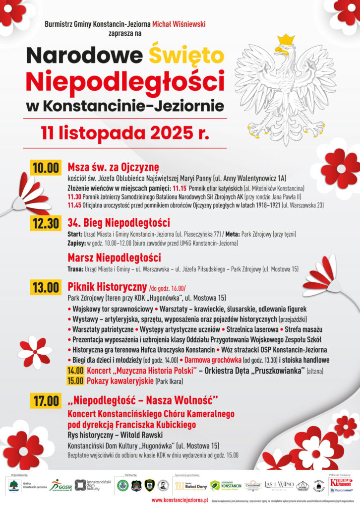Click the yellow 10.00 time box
[x=46, y=167]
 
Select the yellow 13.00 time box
[x=46, y=288]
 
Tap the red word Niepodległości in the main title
[x=125, y=80]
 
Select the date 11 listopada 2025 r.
[x=125, y=133]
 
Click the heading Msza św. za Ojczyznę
[x=113, y=166]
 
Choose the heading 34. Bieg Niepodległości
[x=119, y=222]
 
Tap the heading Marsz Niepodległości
[x=114, y=258]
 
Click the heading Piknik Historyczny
[x=107, y=287]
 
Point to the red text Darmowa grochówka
[x=213, y=360]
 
